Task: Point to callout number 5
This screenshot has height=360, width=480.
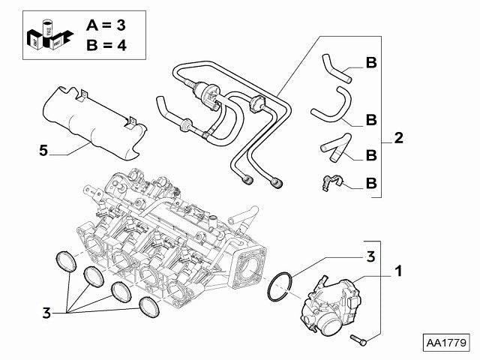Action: coord(43,151)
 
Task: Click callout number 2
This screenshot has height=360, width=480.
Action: coord(399,139)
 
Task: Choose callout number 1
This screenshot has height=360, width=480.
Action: coord(398,270)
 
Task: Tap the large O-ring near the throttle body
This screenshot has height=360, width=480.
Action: coord(279,286)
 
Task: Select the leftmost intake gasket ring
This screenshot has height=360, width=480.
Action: coord(68,262)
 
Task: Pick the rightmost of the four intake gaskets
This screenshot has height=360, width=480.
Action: coord(148,306)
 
